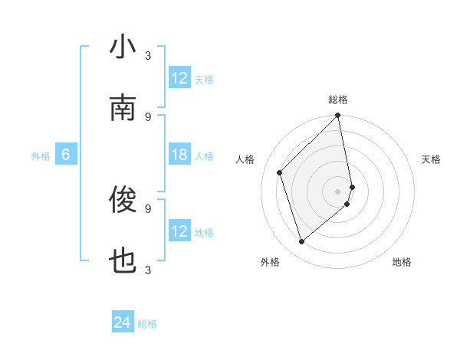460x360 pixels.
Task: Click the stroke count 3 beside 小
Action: tap(148, 55)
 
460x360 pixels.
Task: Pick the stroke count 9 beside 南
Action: tap(148, 116)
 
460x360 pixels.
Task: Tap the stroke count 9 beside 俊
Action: tap(148, 208)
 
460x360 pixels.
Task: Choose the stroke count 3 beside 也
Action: tap(148, 270)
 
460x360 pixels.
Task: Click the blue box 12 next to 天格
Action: tap(179, 78)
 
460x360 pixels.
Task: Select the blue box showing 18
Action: tap(179, 155)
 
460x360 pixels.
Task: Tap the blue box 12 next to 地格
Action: tap(179, 231)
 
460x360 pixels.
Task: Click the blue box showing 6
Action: tap(66, 155)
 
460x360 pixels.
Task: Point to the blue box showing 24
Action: tap(123, 322)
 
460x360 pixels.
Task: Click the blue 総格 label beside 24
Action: tap(147, 324)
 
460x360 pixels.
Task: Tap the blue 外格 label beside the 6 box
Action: tap(41, 156)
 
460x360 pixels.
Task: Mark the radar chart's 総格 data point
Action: tap(338, 116)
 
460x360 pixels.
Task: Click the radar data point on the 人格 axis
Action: tap(280, 172)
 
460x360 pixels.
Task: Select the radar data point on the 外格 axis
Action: tap(302, 241)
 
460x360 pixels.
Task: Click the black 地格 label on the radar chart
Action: tap(402, 262)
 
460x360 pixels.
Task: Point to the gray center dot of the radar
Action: tap(338, 191)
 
